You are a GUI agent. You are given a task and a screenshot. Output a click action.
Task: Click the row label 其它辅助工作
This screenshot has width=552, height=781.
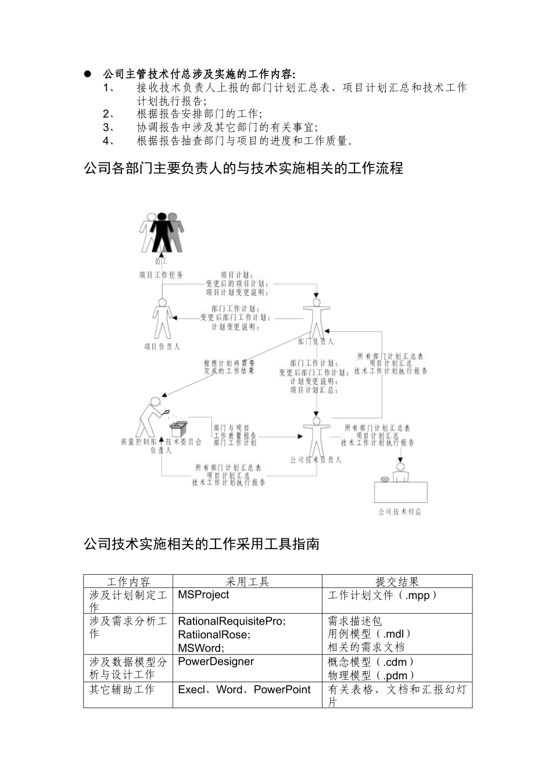122,690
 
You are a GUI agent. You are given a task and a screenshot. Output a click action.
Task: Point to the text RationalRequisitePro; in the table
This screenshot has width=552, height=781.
232,621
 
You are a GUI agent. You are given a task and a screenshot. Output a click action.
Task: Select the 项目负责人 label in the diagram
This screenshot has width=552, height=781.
162,346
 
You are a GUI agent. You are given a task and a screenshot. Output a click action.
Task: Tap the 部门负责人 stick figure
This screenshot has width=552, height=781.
316,319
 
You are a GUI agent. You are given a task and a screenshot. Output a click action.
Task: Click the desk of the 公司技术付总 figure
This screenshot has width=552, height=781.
400,492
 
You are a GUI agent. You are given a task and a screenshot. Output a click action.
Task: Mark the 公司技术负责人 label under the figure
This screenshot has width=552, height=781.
316,460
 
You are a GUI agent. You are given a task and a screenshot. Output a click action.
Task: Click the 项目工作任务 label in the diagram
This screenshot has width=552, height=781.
160,275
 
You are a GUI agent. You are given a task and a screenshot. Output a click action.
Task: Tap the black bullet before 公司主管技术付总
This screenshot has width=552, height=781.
88,74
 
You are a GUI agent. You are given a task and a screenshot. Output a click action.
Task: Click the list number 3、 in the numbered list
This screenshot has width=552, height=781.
109,127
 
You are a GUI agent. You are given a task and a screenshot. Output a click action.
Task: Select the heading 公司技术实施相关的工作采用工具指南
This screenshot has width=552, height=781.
202,544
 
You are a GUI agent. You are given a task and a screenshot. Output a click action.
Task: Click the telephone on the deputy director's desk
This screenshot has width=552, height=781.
384,479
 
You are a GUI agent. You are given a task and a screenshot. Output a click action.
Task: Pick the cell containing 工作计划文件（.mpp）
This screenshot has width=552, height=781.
382,595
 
